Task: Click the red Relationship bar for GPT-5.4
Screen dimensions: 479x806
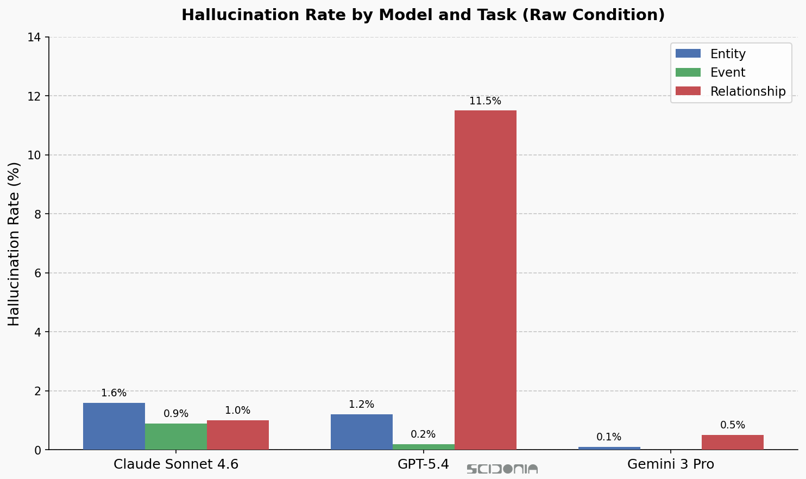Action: tap(485, 280)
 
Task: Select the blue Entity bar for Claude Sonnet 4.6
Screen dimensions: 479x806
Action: tap(114, 426)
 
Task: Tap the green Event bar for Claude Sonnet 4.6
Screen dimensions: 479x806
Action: tap(176, 437)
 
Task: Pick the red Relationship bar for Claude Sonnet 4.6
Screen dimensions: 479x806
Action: tap(238, 435)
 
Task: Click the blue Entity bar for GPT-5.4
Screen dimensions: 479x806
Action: tap(362, 432)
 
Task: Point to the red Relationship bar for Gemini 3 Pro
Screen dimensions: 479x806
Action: tap(732, 442)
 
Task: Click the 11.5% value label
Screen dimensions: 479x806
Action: tap(485, 101)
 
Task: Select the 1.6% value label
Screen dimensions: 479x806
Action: tap(114, 393)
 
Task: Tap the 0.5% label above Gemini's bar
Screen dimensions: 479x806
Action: tap(732, 425)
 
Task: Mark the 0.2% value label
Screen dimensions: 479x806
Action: tap(423, 434)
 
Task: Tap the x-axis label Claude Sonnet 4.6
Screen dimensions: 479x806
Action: tap(176, 464)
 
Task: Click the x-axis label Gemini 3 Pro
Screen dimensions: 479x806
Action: tap(670, 464)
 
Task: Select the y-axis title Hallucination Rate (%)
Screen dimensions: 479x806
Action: tap(14, 244)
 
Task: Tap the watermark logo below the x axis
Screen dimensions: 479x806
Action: tap(502, 469)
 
